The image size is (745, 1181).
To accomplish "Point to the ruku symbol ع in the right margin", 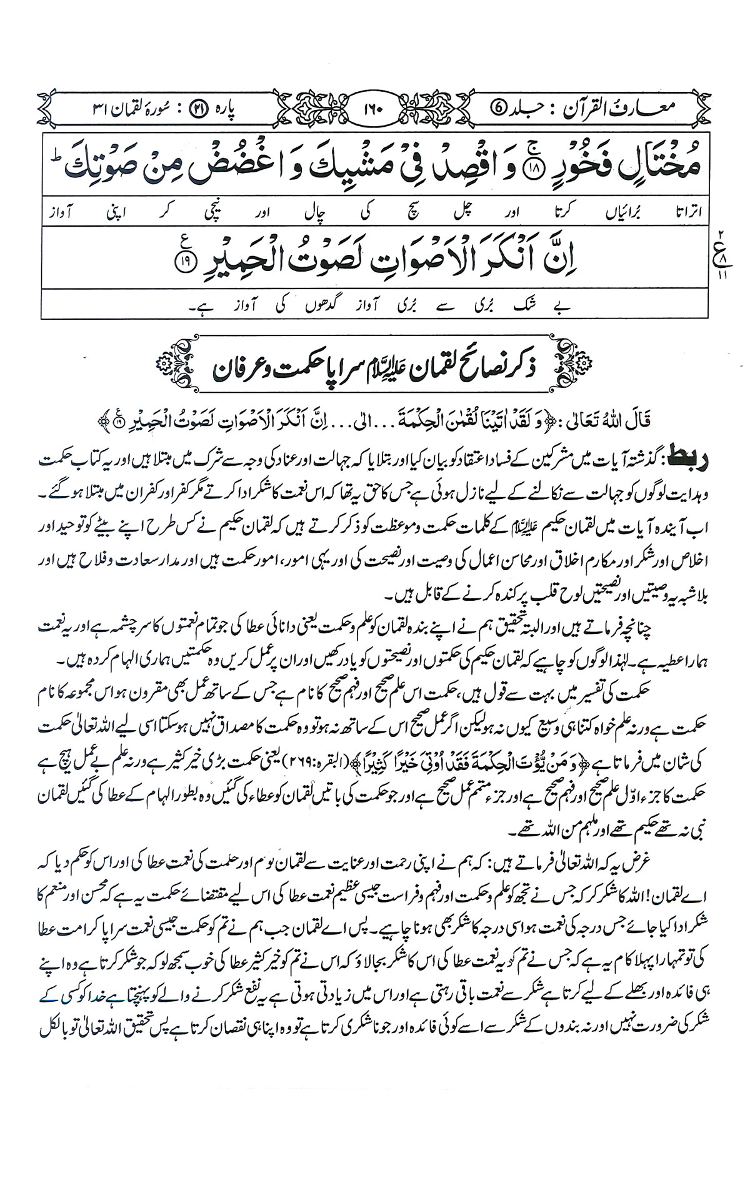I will click(726, 254).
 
